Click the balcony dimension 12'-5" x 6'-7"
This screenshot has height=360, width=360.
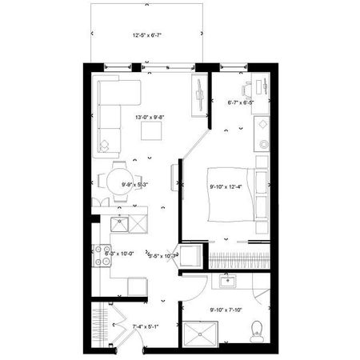(x=146, y=36)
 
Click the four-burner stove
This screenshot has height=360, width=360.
(x=102, y=255)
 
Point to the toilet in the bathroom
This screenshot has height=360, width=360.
(x=258, y=329)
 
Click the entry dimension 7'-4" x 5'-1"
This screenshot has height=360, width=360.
(x=123, y=326)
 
